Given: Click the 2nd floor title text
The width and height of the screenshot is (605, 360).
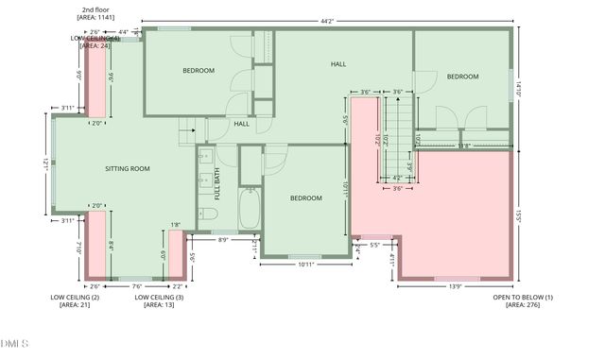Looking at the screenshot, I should [x=95, y=9].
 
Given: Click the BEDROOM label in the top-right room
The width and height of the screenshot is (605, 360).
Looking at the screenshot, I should [x=462, y=77].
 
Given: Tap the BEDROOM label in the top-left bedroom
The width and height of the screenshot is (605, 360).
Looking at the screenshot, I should [x=199, y=71].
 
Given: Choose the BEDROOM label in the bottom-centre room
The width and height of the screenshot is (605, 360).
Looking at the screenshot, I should [x=306, y=197].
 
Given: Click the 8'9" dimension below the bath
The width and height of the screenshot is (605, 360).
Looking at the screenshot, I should [x=223, y=240].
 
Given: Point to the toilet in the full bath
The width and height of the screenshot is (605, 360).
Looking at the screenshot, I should [x=209, y=216].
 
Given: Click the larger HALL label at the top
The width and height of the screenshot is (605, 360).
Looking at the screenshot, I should [x=338, y=64].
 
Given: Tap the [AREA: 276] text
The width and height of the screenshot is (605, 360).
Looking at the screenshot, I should [x=522, y=305].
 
